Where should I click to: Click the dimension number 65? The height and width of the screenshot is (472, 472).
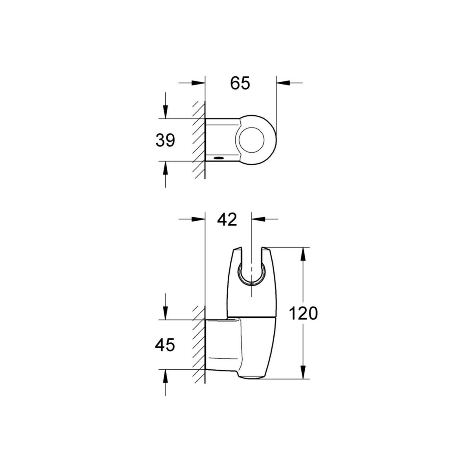[x=240, y=83]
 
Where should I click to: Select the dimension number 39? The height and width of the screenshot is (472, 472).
[x=165, y=140]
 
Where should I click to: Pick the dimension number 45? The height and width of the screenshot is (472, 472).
[x=165, y=345]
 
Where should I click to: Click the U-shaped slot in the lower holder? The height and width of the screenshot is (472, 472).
[x=251, y=267]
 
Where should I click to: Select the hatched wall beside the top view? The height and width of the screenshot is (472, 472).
[x=199, y=140]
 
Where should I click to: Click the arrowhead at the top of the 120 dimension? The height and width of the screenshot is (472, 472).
[x=302, y=254]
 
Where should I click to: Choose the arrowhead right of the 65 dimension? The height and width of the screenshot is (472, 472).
[x=283, y=83]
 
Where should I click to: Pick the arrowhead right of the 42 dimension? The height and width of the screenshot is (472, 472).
[x=258, y=219]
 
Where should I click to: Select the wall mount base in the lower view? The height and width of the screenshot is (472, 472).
[x=222, y=344]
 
